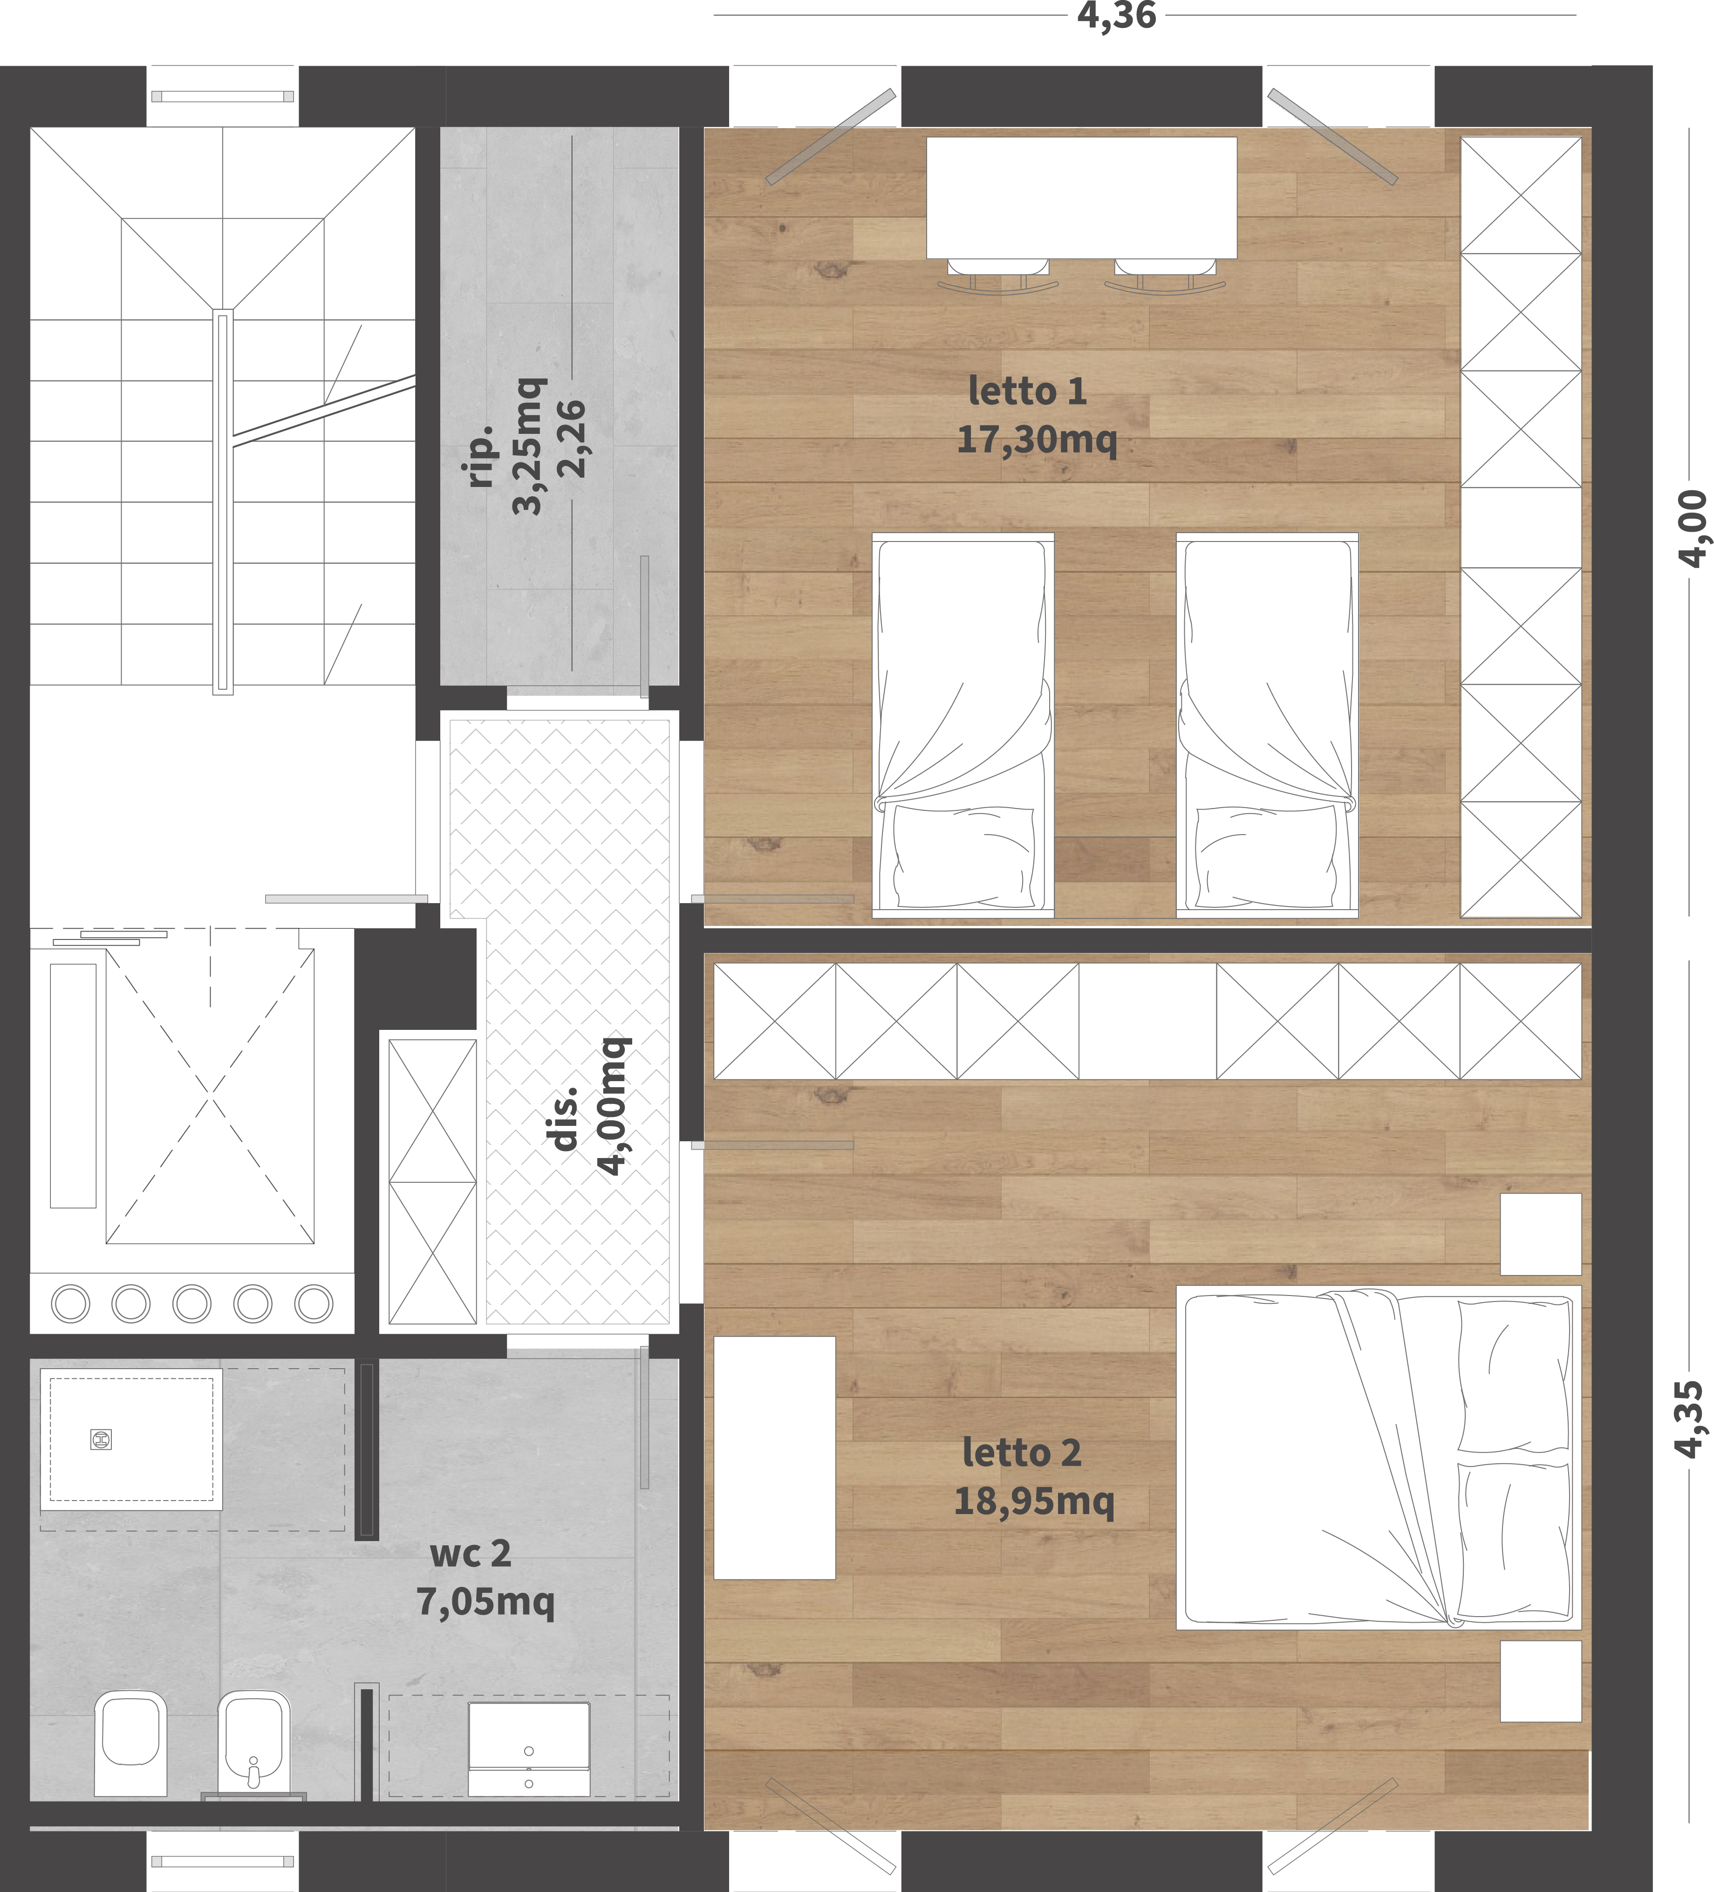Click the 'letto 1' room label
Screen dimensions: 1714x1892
click(x=1027, y=391)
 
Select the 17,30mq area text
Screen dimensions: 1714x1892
click(x=1037, y=438)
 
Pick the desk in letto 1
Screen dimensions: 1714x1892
click(x=1082, y=198)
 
